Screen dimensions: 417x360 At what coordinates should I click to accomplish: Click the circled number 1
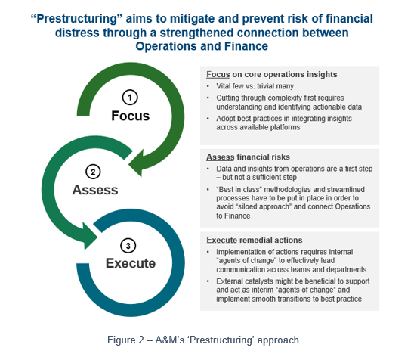tap(130, 98)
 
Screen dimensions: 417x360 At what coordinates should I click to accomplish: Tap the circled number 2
tap(93, 172)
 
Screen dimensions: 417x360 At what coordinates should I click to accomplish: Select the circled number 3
tap(128, 246)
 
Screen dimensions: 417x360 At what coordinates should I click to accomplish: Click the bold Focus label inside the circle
tap(130, 116)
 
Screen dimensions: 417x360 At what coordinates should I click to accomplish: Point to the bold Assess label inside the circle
tap(95, 190)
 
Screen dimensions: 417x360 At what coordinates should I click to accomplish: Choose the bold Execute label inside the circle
tap(131, 263)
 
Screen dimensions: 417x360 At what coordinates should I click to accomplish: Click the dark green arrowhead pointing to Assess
tap(137, 163)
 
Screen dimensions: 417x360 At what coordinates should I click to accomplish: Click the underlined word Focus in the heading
tap(218, 74)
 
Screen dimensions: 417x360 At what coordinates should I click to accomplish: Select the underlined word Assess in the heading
tap(220, 157)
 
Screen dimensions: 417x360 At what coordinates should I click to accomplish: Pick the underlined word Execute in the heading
tap(221, 240)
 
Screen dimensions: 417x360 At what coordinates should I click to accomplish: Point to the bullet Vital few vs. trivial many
tap(255, 86)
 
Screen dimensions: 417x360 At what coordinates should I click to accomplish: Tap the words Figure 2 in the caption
tap(125, 340)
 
